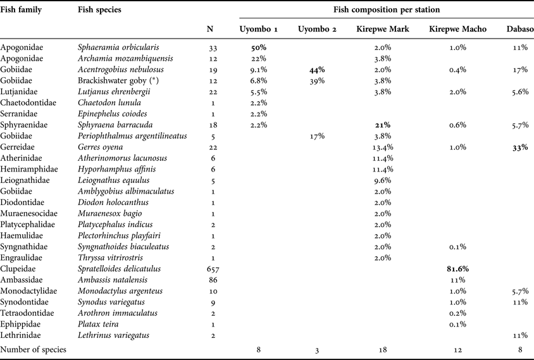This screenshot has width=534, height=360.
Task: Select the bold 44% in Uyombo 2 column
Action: coord(316,70)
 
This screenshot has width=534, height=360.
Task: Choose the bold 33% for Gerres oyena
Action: coord(519,147)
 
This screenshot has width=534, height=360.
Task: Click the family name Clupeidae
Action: coord(18,268)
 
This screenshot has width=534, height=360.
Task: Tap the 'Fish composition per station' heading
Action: coord(387,10)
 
